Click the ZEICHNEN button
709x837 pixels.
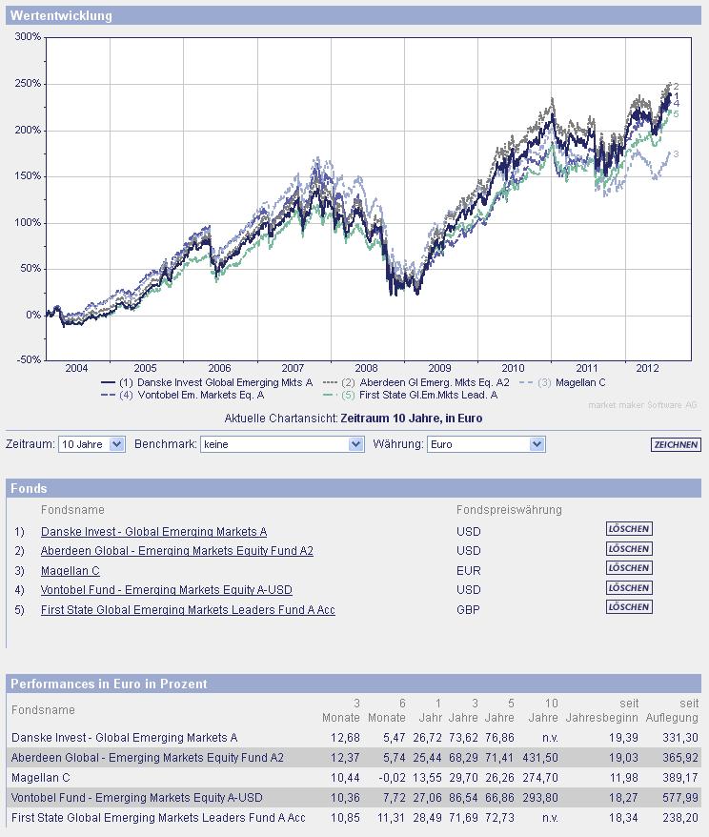click(676, 445)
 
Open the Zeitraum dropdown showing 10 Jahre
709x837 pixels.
click(91, 444)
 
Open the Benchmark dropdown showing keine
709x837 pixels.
click(282, 444)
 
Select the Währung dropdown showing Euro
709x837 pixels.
click(485, 444)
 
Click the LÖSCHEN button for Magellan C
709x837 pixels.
click(629, 568)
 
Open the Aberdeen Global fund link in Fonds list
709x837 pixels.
click(177, 551)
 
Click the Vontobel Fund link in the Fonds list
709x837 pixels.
click(167, 590)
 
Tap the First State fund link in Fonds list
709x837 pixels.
click(188, 610)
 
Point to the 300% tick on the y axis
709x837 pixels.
click(28, 37)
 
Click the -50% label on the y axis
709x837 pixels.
click(28, 360)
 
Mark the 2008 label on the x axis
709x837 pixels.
click(366, 368)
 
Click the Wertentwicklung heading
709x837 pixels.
click(61, 15)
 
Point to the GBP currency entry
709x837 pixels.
click(469, 610)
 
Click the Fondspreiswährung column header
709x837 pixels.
click(509, 510)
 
